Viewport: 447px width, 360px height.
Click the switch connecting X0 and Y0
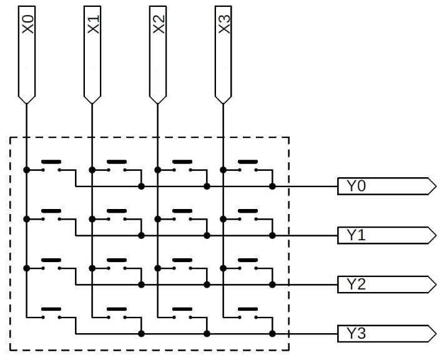pos(51,167)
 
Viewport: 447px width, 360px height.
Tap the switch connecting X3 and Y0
pos(248,167)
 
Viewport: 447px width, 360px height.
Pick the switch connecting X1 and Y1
pos(117,216)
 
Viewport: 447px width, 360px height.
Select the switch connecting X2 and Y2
pos(182,265)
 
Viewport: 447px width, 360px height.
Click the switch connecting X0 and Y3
pos(51,314)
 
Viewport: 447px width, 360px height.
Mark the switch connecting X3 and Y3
pos(248,314)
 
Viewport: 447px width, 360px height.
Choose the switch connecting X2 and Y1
pos(182,216)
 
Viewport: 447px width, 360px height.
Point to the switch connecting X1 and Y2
pos(117,265)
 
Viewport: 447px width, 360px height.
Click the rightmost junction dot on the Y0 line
pos(272,186)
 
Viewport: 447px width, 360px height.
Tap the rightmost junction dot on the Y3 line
pos(272,334)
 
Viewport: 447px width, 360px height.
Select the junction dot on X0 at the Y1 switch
pos(26,218)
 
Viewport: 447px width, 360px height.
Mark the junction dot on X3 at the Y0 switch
pos(223,169)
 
